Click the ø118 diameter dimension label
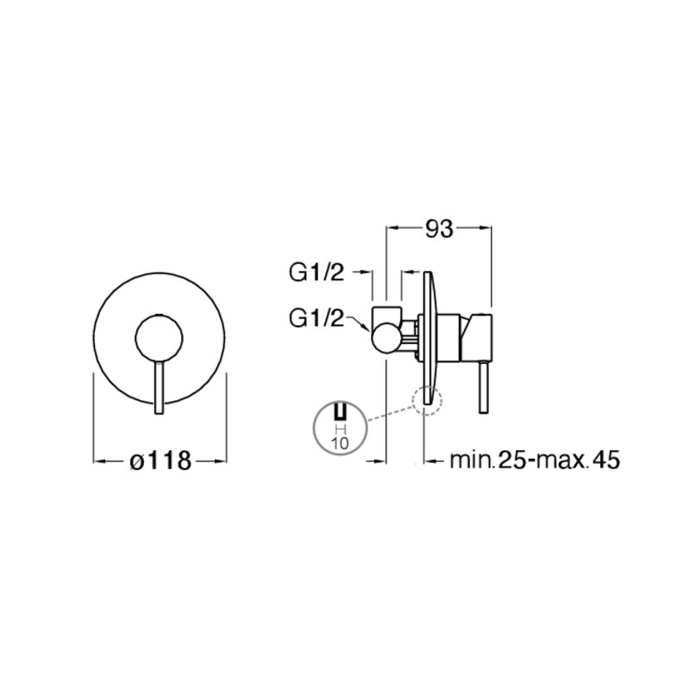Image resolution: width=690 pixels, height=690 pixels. [161, 461]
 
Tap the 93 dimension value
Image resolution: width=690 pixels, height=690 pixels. [439, 229]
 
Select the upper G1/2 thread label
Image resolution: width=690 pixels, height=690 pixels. [317, 273]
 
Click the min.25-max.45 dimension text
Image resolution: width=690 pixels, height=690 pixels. [535, 460]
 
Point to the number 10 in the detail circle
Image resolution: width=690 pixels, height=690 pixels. [341, 443]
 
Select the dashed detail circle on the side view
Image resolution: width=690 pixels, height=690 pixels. [427, 400]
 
